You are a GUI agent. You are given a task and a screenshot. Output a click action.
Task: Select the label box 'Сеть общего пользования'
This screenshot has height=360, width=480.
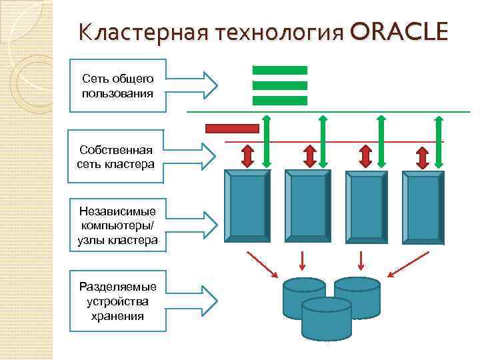tap(117, 85)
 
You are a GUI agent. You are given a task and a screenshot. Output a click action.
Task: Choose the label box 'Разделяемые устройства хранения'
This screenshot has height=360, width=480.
tap(117, 301)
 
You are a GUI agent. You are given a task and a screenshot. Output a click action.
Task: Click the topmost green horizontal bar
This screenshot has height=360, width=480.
tap(279, 70)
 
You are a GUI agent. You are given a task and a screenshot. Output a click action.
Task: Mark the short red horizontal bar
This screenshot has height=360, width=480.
tap(232, 128)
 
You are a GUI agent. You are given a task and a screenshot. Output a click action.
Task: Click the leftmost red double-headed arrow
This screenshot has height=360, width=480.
tap(247, 155)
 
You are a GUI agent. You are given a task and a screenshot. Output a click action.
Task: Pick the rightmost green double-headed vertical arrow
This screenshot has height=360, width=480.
tap(438, 141)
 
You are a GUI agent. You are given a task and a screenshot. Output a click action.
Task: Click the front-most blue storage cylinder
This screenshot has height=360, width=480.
tap(326, 318)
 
